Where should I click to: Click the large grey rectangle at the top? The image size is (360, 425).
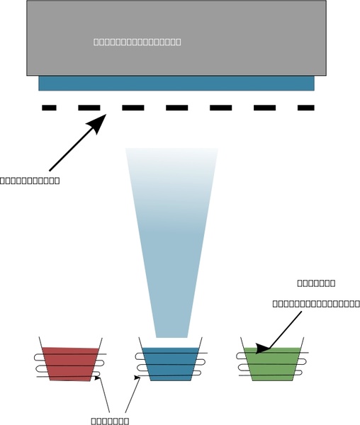[176, 21]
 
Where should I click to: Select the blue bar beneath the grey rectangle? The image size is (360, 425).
[176, 84]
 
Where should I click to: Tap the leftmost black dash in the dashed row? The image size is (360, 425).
[49, 108]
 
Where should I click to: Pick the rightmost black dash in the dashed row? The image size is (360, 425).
[305, 108]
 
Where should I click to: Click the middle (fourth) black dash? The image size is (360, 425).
[176, 108]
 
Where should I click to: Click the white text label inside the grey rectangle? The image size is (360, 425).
[137, 42]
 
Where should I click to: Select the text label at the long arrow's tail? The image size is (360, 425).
[30, 181]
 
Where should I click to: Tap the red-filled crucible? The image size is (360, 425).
[69, 363]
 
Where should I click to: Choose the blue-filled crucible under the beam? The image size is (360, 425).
[167, 363]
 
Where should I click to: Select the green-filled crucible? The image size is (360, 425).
[271, 363]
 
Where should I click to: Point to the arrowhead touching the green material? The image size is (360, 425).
[261, 348]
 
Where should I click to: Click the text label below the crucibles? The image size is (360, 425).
[110, 421]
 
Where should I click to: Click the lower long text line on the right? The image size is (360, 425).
[316, 304]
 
